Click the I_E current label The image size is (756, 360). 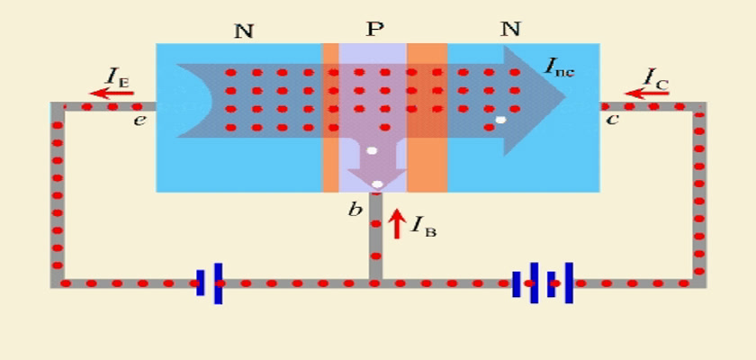(x=117, y=76)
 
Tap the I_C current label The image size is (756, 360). (x=656, y=77)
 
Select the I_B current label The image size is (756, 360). (x=423, y=227)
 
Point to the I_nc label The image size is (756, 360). (x=559, y=67)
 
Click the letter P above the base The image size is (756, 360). (x=374, y=30)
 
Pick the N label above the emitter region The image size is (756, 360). (x=244, y=31)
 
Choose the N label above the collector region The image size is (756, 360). (x=510, y=30)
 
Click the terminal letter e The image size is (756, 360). (x=139, y=120)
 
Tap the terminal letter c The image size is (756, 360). (x=612, y=119)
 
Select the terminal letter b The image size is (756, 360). (x=355, y=209)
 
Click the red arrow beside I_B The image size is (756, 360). (x=396, y=223)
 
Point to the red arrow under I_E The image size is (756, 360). (x=112, y=93)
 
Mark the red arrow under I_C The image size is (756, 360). (x=646, y=93)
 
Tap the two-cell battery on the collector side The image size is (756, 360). (x=543, y=283)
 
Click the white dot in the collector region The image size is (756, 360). (x=501, y=120)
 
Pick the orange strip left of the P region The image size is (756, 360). (x=330, y=118)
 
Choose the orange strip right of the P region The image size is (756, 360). (x=427, y=118)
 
